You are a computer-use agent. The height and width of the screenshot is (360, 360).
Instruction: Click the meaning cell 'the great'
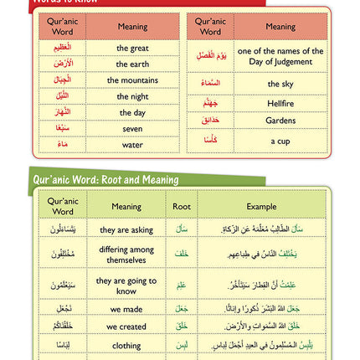pos(132,49)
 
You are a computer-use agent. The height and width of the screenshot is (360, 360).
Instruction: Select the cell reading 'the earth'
pos(132,64)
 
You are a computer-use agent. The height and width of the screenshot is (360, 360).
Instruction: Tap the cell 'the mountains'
pos(132,80)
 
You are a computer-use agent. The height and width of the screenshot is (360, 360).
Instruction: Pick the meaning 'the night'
pos(132,96)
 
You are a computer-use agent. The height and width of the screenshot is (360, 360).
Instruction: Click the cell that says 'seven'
pos(132,128)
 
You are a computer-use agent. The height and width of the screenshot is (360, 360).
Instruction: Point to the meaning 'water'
pos(132,144)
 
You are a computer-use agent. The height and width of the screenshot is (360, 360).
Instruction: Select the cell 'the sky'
pos(280,84)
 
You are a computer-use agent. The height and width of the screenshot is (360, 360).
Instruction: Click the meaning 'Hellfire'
pos(280,103)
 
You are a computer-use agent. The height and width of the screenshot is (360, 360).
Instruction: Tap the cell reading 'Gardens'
pos(280,120)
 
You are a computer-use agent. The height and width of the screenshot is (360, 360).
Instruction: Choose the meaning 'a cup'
pos(280,140)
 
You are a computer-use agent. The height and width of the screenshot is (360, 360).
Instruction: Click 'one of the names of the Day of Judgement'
pos(280,57)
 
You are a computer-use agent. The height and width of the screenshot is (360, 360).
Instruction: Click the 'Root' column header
pos(182,206)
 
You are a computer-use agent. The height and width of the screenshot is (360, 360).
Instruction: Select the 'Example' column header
pos(261,206)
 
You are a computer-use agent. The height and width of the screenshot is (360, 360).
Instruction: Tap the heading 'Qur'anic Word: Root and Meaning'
pos(106,179)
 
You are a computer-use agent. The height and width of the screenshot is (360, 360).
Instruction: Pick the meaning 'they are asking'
pos(126,229)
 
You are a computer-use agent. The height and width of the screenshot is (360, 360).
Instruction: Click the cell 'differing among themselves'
pos(126,255)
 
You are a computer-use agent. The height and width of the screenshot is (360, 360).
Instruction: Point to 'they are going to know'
pos(126,285)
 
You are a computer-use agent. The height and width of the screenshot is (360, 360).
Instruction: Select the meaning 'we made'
pos(126,309)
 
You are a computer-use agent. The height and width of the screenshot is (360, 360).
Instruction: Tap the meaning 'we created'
pos(126,327)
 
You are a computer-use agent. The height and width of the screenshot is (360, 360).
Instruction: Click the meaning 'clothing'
pos(126,345)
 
